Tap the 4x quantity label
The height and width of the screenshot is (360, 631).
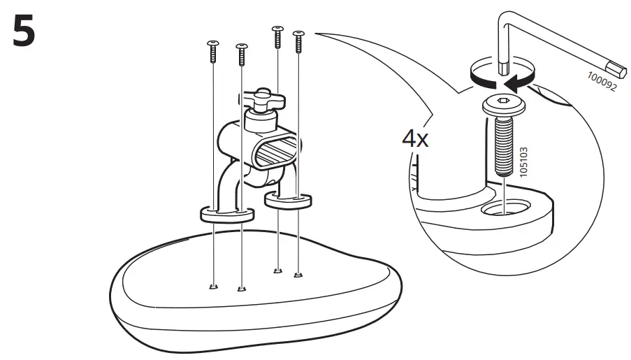tap(415, 138)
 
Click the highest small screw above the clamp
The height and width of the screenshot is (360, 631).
tap(277, 35)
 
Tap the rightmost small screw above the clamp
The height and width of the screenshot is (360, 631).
tap(299, 41)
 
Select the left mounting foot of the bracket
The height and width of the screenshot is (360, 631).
tap(226, 213)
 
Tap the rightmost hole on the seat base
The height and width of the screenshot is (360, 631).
tap(298, 274)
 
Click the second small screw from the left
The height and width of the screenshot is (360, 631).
tap(241, 53)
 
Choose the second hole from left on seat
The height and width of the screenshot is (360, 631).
tap(242, 287)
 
